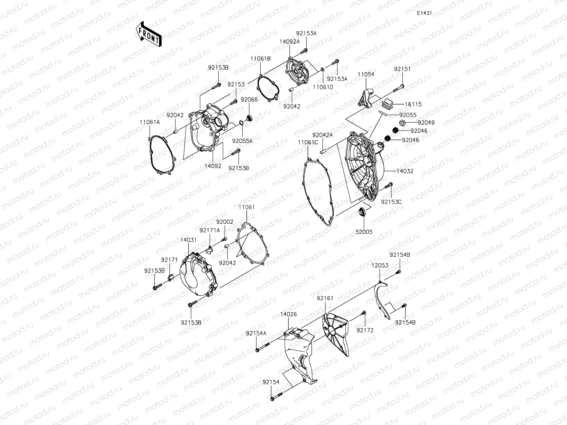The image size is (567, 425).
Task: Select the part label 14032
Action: pos(406,171)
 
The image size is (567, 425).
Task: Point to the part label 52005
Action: pos(364,232)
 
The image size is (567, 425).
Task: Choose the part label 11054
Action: pos(366,75)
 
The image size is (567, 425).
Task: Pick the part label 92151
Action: pos(402,69)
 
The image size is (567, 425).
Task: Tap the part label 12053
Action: pos(380,265)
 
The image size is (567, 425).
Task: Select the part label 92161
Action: pos(325,298)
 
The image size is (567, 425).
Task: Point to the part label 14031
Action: pos(188,240)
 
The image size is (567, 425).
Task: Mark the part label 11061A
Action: pos(150,122)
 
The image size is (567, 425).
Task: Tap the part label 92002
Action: pos(225,222)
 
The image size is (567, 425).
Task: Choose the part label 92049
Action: pos(415,123)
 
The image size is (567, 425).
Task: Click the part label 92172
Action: pos(365,330)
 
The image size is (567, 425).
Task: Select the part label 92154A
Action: pos(256,333)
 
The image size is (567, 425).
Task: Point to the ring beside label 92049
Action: pos(402,123)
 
